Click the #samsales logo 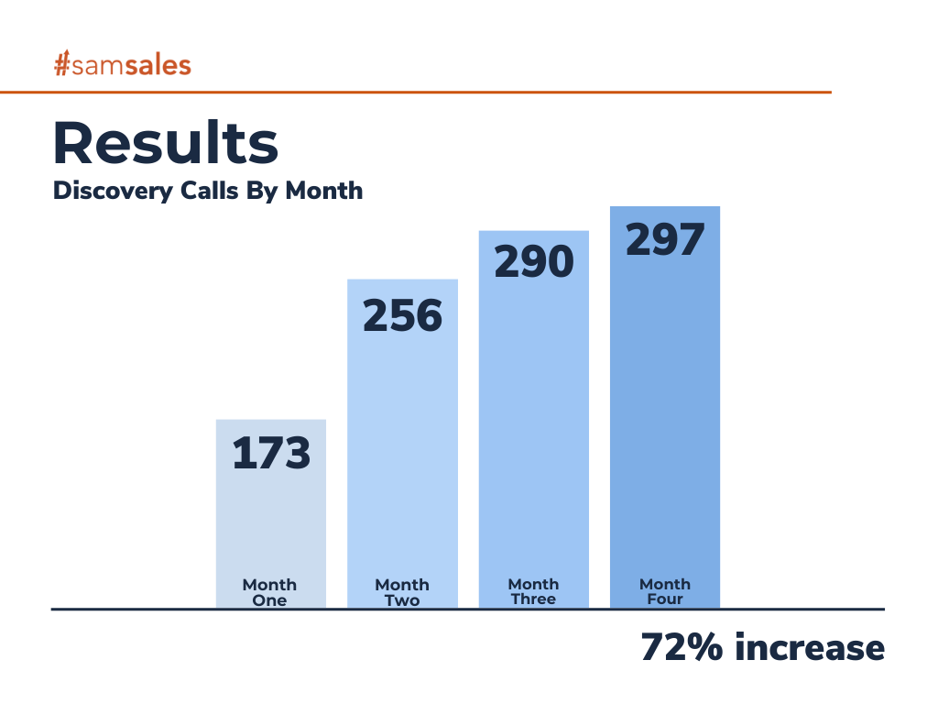click(x=122, y=65)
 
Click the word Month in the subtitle click(x=324, y=191)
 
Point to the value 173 click(x=271, y=454)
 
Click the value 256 click(x=402, y=315)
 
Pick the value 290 click(x=534, y=262)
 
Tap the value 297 click(x=665, y=239)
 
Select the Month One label click(x=270, y=592)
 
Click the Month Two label click(x=402, y=592)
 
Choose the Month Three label click(x=534, y=591)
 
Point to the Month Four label click(x=665, y=591)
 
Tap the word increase click(x=810, y=647)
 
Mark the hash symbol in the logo click(x=62, y=65)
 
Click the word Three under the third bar click(x=534, y=599)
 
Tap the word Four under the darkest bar click(x=665, y=599)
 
